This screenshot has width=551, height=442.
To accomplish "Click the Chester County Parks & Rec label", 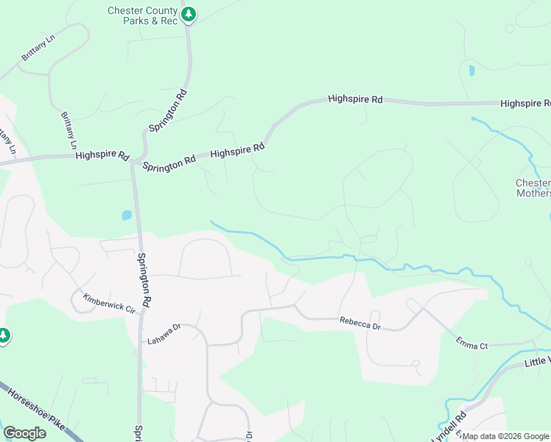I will (x=142, y=15).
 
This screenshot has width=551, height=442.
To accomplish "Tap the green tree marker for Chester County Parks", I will (x=189, y=14).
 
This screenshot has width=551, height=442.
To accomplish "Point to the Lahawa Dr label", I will (x=163, y=334).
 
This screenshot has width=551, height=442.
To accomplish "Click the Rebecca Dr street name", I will (x=359, y=322).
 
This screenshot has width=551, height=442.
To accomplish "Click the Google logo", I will (x=24, y=433).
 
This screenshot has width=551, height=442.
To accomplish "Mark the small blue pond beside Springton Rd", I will (x=127, y=216).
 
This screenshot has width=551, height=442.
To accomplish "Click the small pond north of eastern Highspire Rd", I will (x=471, y=71).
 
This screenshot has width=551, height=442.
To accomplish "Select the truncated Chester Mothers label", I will (x=533, y=188).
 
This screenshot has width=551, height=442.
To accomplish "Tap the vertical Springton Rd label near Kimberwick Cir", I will (x=144, y=281).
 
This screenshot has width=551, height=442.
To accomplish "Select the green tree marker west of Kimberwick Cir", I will (x=4, y=336).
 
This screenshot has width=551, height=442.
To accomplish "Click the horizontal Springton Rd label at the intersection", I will (x=169, y=161).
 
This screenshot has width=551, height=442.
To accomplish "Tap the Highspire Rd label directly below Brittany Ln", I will (x=102, y=156).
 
